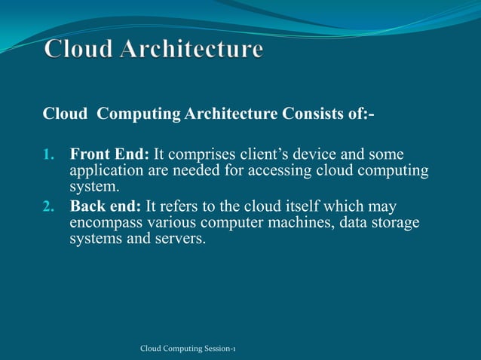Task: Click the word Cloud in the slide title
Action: [76, 50]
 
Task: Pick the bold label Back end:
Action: [106, 206]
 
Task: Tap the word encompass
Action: [105, 223]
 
